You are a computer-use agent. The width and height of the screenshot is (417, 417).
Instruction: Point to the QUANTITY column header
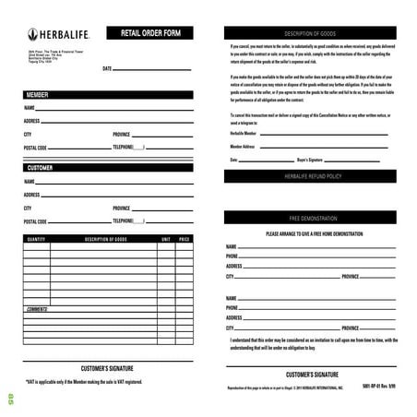[37, 239]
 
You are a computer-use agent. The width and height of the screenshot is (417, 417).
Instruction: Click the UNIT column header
[165, 239]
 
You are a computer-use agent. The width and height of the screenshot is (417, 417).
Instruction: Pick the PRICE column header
[185, 239]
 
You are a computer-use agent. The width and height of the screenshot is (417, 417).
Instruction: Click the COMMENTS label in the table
[38, 308]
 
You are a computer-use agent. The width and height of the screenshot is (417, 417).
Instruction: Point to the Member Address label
[244, 146]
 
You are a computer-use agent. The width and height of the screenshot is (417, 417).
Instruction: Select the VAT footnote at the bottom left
[84, 380]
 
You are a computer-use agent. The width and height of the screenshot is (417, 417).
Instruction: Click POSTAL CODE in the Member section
[36, 147]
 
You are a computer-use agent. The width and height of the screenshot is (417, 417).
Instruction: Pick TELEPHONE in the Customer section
[128, 221]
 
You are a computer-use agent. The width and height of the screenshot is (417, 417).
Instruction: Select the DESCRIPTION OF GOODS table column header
[104, 239]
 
